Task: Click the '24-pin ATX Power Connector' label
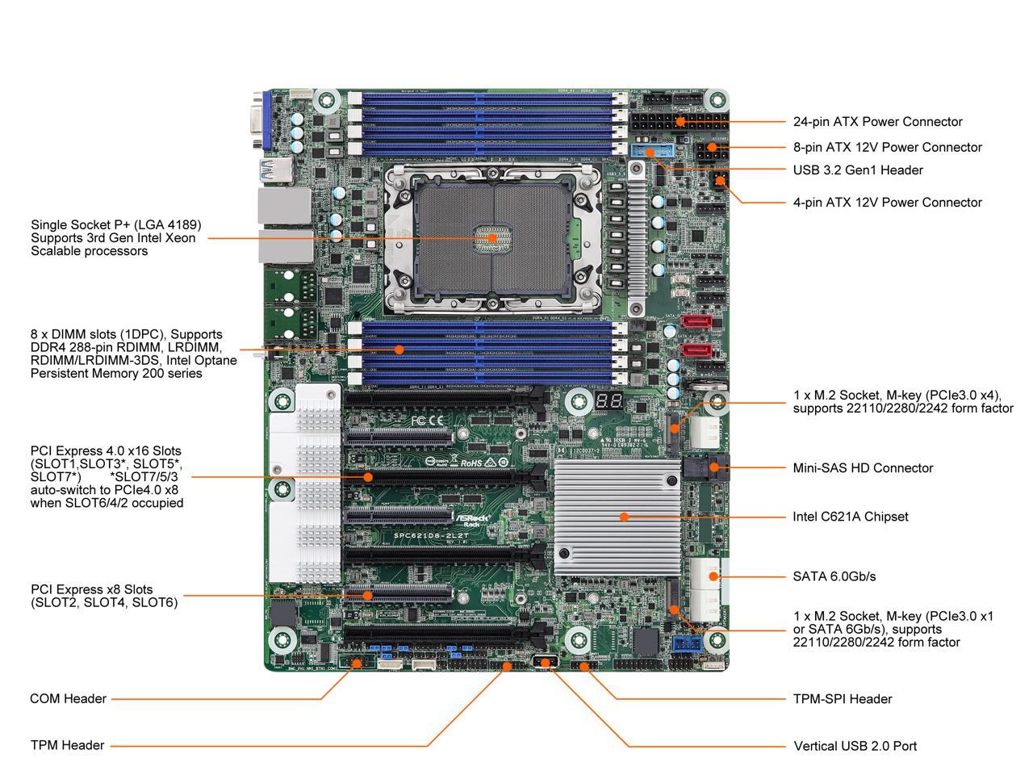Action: [x=877, y=122]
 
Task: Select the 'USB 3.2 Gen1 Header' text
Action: [x=858, y=170]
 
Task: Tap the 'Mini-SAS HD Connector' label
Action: [x=863, y=468]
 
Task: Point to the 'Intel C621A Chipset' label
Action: [x=850, y=517]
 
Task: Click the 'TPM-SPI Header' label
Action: [x=843, y=699]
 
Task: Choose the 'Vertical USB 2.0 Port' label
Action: [x=855, y=746]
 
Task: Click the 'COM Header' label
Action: [x=68, y=699]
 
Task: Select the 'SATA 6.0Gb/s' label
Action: [x=834, y=576]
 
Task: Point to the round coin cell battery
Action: [x=709, y=387]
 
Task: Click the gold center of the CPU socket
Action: [x=490, y=238]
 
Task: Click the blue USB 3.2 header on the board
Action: [x=646, y=152]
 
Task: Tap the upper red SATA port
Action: [x=695, y=322]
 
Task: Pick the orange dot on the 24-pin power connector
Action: [x=681, y=121]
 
